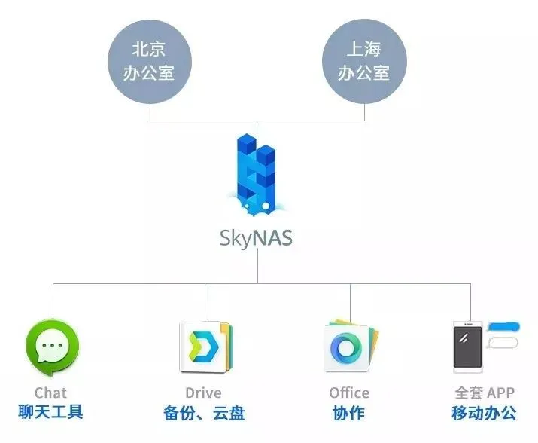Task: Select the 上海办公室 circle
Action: [x=365, y=62]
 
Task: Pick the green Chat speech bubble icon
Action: [x=52, y=349]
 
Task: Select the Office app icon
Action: [x=351, y=347]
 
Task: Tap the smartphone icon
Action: [x=467, y=346]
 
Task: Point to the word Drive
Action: [x=203, y=393]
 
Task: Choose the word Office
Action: [x=349, y=393]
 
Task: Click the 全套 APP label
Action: [x=485, y=393]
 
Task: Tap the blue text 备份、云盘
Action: [x=203, y=413]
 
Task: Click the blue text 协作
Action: [x=348, y=413]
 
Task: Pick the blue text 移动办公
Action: [x=485, y=413]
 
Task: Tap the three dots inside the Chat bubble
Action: [x=52, y=347]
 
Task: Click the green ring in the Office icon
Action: [x=347, y=349]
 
